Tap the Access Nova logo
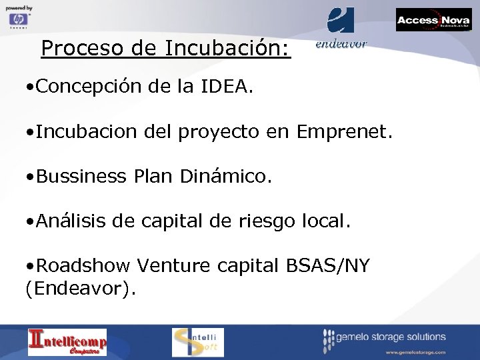click(x=433, y=20)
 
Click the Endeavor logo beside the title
click(x=341, y=27)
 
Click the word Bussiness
click(x=81, y=176)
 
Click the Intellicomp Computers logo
click(x=67, y=342)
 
